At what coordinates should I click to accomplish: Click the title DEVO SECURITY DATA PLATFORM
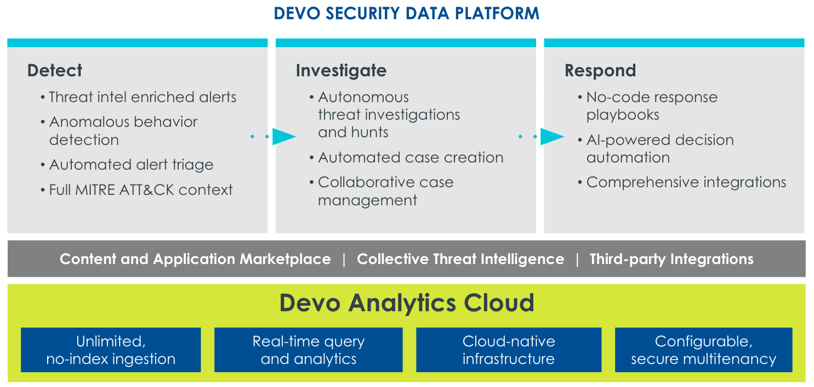click(407, 13)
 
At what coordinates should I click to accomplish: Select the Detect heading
click(55, 70)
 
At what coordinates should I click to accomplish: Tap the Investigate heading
click(341, 70)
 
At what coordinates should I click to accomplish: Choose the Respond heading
click(600, 70)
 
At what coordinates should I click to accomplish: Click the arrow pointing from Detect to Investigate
click(282, 136)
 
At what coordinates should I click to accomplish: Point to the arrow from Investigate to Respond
click(551, 136)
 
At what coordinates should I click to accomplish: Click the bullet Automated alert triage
click(131, 165)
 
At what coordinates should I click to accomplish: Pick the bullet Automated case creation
click(411, 158)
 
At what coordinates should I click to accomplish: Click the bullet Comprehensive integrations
click(686, 182)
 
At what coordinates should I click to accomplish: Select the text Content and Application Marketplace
click(195, 259)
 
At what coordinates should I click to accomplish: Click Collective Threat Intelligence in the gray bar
click(460, 259)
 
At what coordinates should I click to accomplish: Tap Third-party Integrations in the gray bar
click(671, 259)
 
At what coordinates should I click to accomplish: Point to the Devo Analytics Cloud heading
click(407, 303)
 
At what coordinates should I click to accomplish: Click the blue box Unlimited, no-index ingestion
click(111, 350)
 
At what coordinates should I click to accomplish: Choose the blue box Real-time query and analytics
click(308, 350)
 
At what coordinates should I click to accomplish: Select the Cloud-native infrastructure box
click(509, 350)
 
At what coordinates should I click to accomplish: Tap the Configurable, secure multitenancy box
click(703, 350)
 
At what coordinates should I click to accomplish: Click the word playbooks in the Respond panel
click(623, 115)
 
